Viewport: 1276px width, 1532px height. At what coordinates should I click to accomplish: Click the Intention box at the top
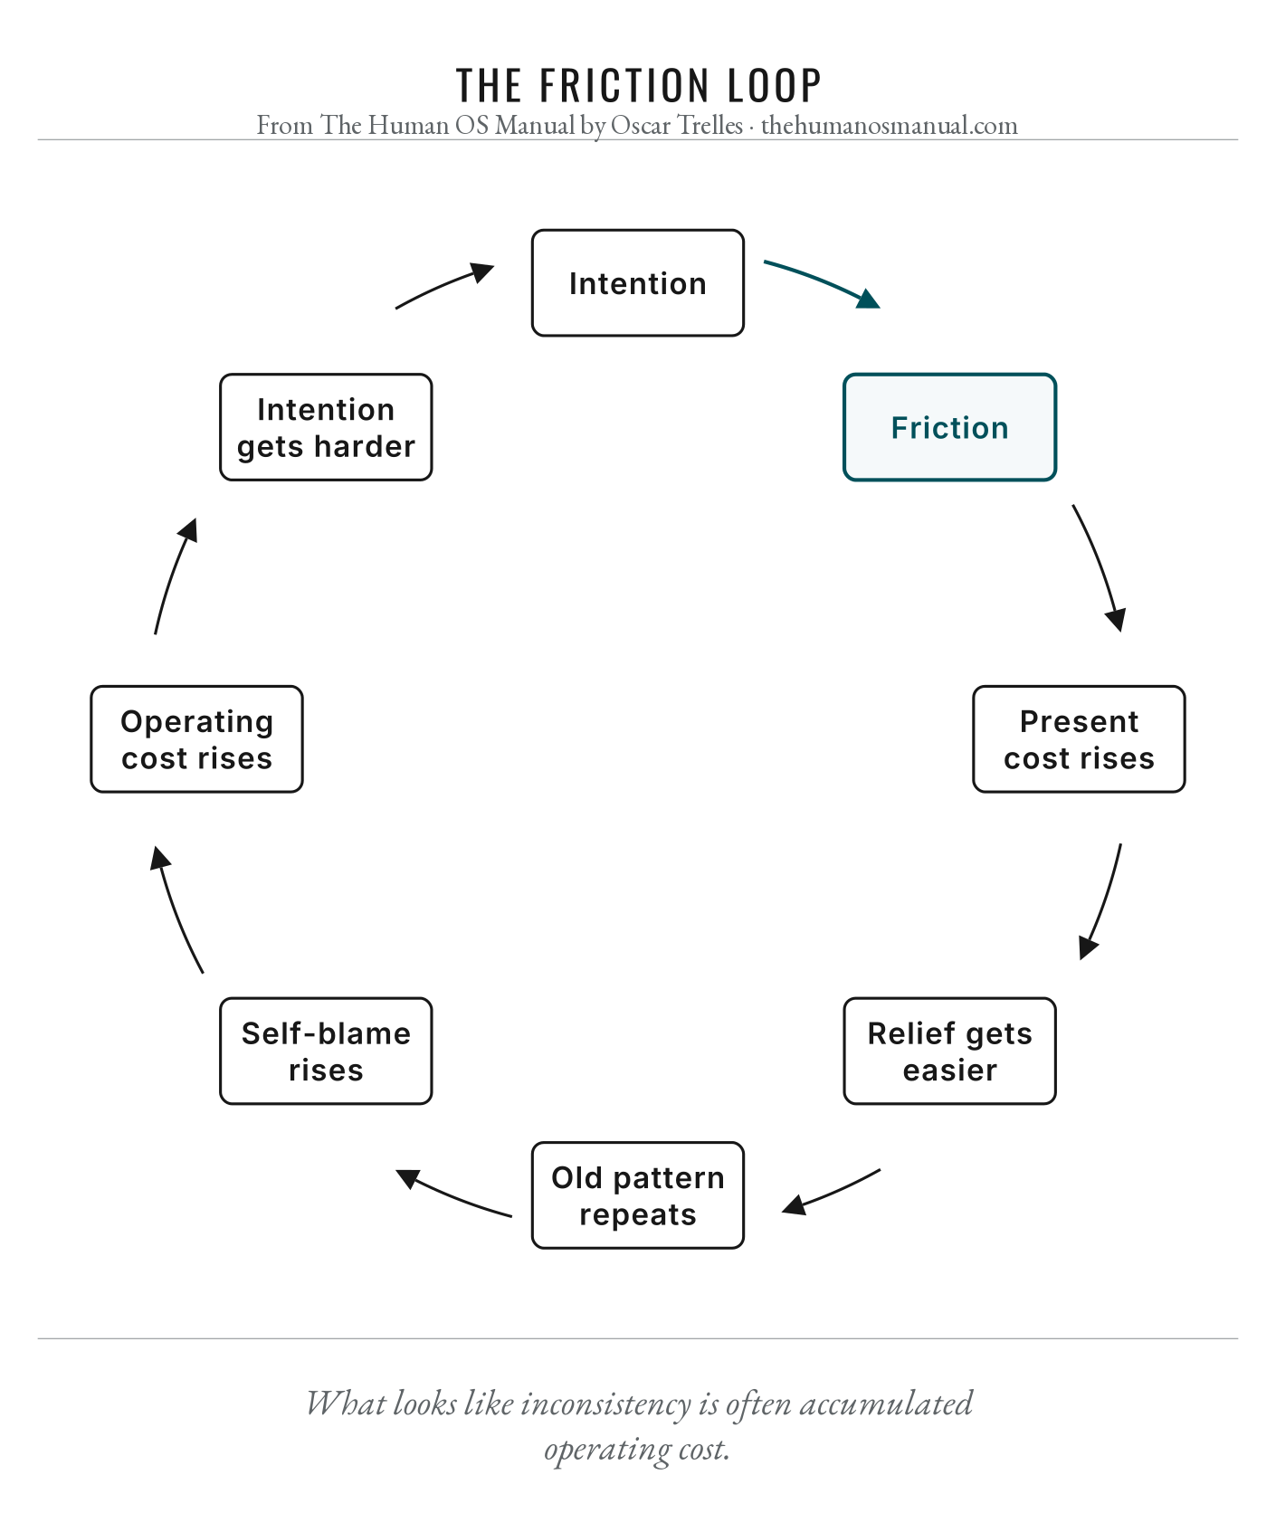[x=638, y=283]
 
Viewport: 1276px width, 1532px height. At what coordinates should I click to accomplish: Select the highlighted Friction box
[x=949, y=427]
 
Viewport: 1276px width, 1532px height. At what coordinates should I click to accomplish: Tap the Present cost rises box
[x=1079, y=739]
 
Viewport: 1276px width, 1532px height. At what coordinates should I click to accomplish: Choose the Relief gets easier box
[x=949, y=1051]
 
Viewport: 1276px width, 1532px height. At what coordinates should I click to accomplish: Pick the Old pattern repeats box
[x=638, y=1195]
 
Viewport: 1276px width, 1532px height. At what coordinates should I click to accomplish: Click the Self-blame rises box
[x=326, y=1051]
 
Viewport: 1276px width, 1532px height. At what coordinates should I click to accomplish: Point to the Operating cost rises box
[x=196, y=739]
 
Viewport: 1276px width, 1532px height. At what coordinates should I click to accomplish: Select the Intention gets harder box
[x=326, y=427]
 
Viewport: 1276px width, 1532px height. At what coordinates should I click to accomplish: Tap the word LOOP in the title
[x=775, y=86]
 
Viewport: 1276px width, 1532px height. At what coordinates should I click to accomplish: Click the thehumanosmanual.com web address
[x=890, y=125]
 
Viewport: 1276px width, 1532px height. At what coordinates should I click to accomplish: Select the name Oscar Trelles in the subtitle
[x=677, y=125]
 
